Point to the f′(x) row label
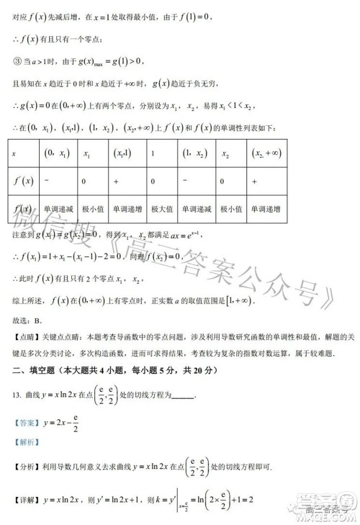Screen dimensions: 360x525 (24, 181)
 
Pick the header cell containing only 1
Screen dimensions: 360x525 (153, 153)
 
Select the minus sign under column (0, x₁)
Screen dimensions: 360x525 (47, 181)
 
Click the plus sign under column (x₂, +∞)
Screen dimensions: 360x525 (254, 181)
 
